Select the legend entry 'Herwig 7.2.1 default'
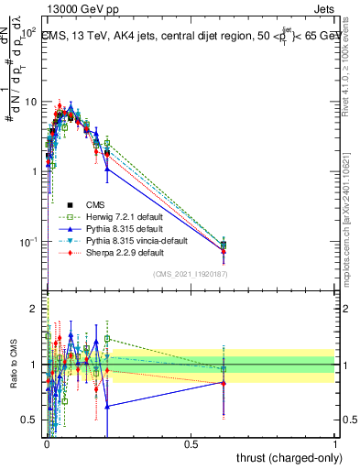click(125, 216)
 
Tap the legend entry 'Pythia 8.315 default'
click(125, 228)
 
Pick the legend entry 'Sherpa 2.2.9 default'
click(125, 252)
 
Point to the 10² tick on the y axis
click(27, 31)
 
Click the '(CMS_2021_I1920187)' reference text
click(191, 274)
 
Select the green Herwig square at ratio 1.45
click(107, 339)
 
